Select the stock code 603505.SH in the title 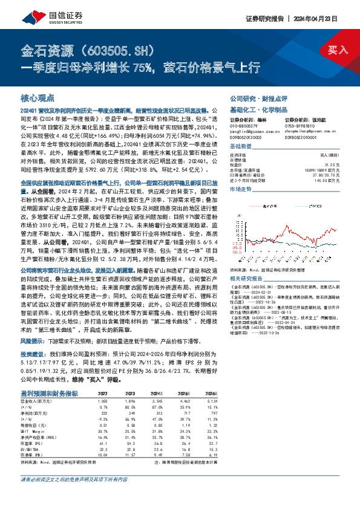pyautogui.click(x=109, y=49)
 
